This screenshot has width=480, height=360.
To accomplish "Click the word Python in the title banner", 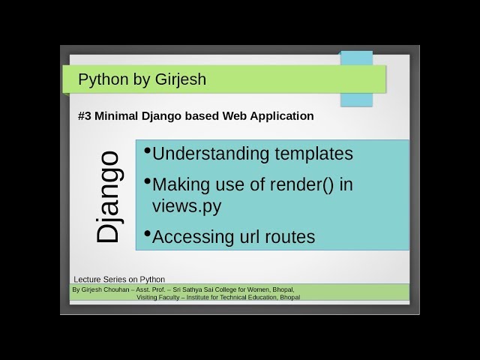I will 102,79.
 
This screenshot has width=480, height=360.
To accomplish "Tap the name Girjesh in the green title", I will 177,79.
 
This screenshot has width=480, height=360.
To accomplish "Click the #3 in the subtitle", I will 83,116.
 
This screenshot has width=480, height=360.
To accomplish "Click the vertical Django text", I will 109,196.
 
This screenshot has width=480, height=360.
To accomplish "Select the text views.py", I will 186,205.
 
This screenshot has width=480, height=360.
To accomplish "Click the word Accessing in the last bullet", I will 194,237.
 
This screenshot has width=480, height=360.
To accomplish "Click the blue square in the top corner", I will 356,78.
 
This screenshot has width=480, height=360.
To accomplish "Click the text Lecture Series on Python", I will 119,279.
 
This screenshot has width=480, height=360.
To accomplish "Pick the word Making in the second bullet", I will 181,184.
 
